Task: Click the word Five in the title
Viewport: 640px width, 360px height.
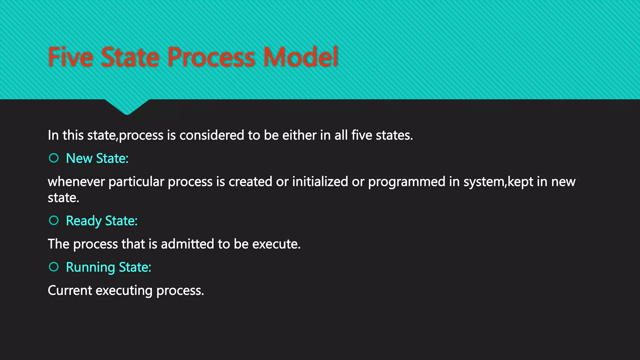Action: point(71,57)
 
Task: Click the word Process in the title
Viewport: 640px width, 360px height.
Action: point(211,57)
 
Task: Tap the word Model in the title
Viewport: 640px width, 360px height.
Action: point(301,57)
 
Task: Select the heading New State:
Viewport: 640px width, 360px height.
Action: point(97,158)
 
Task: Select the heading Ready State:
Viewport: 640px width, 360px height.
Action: point(102,221)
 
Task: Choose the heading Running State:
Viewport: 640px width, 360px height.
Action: point(108,267)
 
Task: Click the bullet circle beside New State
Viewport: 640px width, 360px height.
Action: point(54,158)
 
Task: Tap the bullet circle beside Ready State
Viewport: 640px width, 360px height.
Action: point(54,221)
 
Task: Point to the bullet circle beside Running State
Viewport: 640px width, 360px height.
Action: point(54,267)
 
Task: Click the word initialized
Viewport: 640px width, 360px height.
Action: point(320,182)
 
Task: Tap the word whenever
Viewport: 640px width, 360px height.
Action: point(76,182)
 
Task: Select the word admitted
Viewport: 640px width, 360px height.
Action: point(187,244)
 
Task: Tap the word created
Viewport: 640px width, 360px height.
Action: point(250,182)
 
